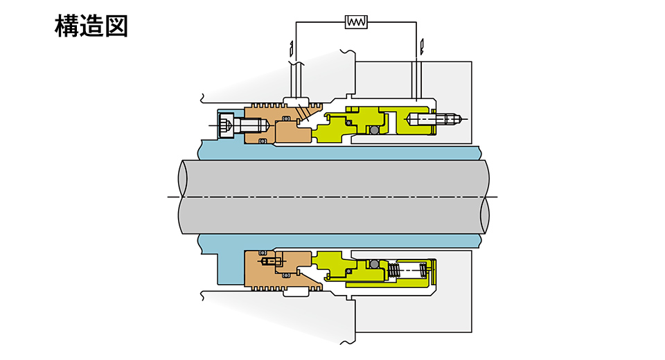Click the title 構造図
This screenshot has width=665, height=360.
click(91, 27)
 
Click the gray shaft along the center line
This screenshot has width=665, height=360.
click(332, 197)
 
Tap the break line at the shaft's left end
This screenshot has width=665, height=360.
click(181, 197)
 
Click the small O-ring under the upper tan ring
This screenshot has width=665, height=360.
click(263, 142)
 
